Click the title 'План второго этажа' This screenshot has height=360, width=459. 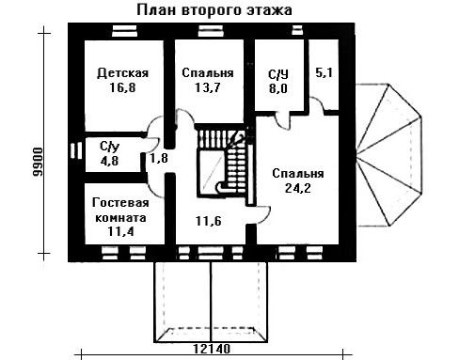[214, 10]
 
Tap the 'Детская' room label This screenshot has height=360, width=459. [122, 73]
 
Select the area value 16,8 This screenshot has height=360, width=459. [122, 87]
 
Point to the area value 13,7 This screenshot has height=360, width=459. [208, 87]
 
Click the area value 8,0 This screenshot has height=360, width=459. [277, 88]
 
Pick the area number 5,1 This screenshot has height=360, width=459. [324, 72]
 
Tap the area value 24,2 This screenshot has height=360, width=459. [298, 188]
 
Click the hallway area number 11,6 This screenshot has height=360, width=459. [209, 221]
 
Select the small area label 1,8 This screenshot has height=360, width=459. [159, 158]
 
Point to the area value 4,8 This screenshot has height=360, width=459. [109, 161]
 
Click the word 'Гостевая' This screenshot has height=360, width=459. [120, 202]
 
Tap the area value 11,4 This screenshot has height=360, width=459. [120, 231]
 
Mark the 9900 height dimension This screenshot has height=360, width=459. [38, 162]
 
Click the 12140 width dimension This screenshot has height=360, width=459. [212, 349]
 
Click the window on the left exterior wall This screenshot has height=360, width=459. [76, 150]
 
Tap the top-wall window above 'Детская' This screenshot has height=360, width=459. [124, 31]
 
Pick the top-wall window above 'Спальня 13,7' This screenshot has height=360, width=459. [211, 31]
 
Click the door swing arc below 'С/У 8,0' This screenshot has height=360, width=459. [283, 121]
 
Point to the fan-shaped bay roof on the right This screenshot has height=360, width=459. [388, 155]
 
